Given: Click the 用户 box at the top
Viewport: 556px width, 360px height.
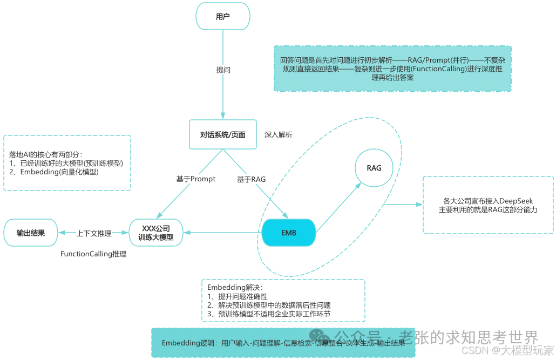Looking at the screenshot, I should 222,17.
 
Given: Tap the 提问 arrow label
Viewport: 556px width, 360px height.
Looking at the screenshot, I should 223,70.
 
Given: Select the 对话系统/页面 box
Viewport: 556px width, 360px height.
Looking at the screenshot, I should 222,134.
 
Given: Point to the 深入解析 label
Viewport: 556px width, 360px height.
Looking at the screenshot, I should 278,134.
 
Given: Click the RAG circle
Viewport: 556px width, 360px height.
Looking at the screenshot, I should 374,168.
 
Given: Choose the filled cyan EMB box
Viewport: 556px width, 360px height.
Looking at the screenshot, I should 288,233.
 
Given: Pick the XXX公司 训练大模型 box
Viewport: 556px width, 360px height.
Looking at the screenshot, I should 156,233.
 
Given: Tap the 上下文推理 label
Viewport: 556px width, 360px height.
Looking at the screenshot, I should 94,233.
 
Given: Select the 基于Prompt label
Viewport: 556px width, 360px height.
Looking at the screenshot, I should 195,179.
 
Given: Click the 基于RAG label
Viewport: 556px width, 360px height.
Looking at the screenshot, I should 251,179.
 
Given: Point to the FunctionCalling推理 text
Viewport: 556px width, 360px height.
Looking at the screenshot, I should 93,254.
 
